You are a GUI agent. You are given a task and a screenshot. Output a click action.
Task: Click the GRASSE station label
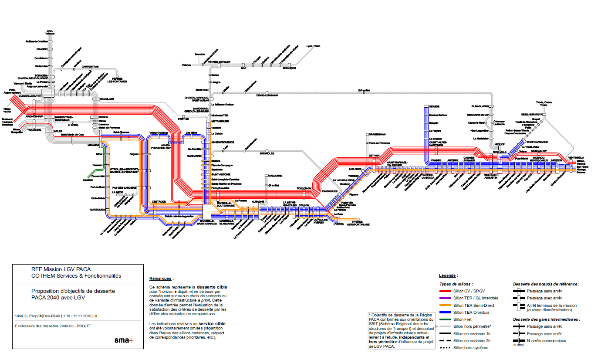(434, 106)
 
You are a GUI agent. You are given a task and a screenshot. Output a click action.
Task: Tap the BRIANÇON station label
(289, 68)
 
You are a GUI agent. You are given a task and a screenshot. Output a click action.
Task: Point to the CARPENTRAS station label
(91, 67)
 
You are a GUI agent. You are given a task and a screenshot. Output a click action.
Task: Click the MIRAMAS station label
(93, 144)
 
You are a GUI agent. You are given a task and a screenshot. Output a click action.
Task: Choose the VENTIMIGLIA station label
(576, 157)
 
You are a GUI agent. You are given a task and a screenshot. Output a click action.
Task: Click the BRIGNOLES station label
(267, 153)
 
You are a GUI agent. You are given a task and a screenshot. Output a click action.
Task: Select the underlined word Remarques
(161, 278)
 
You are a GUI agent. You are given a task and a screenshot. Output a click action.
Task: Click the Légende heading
(448, 275)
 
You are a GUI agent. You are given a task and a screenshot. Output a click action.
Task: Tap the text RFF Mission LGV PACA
(61, 269)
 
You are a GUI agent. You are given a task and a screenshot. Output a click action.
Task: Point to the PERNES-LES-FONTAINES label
(117, 80)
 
